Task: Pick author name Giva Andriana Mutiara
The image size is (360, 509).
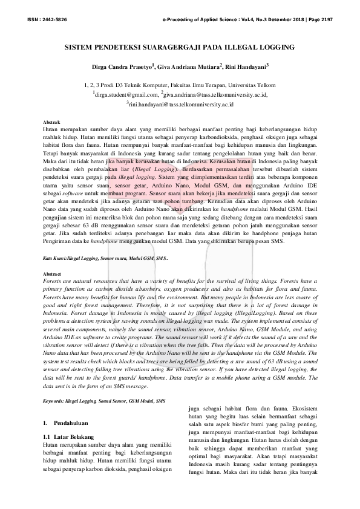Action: point(188,65)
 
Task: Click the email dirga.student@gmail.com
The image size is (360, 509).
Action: point(126,95)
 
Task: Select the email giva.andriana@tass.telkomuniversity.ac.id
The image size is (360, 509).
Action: point(216,95)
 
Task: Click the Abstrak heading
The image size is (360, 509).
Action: point(52,123)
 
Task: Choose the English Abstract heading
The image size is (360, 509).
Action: point(53,274)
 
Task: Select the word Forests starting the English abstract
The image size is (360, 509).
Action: point(54,281)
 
